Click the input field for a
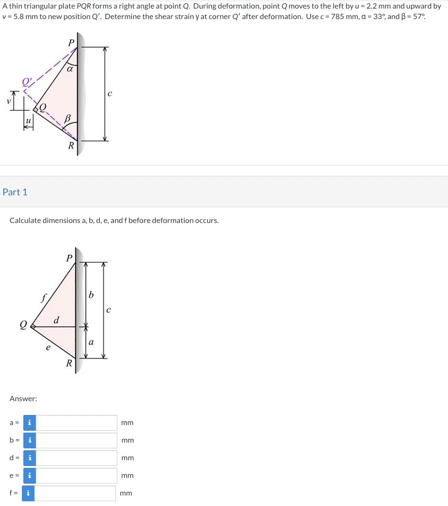[76, 423]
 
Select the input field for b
[76, 440]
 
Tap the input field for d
[76, 458]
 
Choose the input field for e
[76, 476]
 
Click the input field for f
[75, 493]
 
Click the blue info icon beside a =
[30, 423]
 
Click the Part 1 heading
[15, 192]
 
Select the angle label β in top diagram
[68, 117]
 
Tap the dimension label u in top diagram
[28, 121]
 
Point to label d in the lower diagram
[56, 319]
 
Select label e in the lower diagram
[47, 348]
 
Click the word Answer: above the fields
[23, 398]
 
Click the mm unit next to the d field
[127, 458]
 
